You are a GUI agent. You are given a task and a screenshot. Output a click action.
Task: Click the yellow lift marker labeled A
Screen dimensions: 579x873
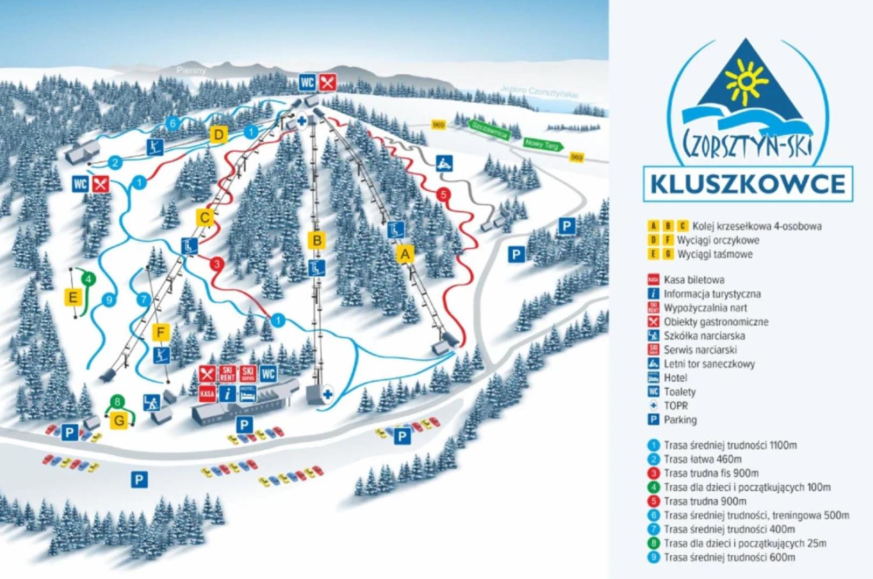(x=405, y=253)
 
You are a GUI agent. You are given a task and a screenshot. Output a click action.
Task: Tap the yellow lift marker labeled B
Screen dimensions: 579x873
(x=317, y=240)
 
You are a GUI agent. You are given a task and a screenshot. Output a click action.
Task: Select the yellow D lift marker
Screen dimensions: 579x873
(x=218, y=135)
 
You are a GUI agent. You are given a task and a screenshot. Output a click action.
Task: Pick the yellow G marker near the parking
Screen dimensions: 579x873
(x=119, y=420)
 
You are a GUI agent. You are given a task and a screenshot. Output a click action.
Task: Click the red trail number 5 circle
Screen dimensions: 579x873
(x=444, y=194)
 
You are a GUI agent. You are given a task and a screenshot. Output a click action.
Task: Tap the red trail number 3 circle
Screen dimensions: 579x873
(x=217, y=264)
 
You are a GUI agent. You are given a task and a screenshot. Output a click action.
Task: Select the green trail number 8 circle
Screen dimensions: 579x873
(x=117, y=401)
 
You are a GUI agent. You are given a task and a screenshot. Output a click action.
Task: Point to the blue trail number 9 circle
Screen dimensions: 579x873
(x=109, y=300)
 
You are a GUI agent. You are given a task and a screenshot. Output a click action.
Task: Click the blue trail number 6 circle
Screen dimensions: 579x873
(x=173, y=124)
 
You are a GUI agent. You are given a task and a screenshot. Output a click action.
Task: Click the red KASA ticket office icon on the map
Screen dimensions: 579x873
(x=207, y=393)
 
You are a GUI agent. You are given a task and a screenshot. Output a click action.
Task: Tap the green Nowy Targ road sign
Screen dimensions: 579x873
(x=543, y=144)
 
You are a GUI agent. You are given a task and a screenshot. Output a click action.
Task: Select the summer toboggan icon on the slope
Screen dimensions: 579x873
(x=444, y=163)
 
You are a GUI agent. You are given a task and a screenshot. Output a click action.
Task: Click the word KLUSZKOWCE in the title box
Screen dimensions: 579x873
(x=747, y=184)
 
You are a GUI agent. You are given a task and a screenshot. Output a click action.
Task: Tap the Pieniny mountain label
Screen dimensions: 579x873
(x=191, y=70)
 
